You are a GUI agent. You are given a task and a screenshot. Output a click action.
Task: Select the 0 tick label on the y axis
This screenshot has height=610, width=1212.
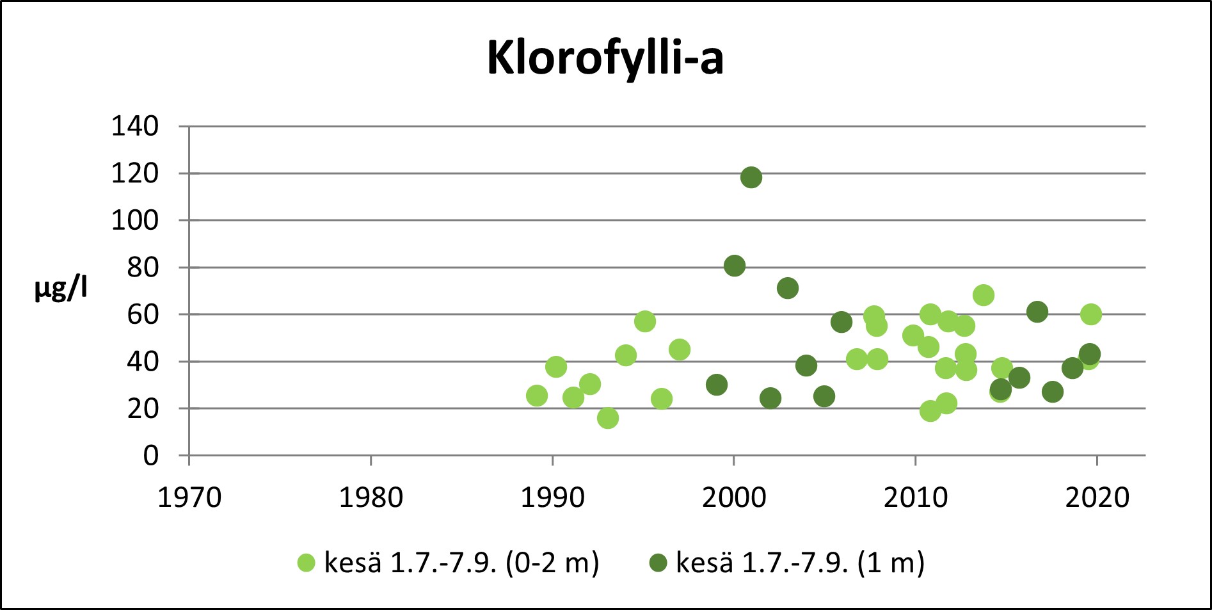pos(150,456)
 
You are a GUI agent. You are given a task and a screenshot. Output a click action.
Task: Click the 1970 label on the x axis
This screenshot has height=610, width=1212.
pos(189,497)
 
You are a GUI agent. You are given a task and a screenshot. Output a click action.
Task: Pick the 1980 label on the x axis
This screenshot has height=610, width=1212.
pos(371,497)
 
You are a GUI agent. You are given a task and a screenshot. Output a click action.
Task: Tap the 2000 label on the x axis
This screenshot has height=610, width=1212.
pos(734,497)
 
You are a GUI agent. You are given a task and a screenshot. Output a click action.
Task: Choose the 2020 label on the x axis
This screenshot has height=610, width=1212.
pos(1097,497)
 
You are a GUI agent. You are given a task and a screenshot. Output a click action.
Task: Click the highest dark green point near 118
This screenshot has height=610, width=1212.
pos(751,177)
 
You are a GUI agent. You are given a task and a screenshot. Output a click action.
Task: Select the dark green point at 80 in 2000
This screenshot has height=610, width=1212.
pos(735,266)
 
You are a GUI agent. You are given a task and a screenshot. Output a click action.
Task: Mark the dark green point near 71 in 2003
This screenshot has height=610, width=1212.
pos(788,288)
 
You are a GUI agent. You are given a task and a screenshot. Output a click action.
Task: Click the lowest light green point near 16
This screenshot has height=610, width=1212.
pos(608,418)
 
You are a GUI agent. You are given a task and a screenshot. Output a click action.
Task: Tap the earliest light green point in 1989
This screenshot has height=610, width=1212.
pos(537,396)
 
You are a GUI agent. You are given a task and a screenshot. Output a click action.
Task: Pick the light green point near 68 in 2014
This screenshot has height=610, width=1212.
pos(984,295)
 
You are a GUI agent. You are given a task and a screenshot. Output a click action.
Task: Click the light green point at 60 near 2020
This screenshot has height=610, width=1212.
pos(1091,314)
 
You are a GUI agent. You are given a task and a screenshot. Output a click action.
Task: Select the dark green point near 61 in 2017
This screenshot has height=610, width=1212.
pos(1037,312)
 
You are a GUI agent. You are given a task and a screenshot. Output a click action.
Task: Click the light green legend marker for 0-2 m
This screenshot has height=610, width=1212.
pos(307,563)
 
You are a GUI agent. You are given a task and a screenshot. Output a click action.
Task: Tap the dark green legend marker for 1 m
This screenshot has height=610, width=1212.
pos(658,563)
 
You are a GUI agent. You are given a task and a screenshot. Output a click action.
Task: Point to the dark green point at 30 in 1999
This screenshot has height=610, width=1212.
pos(717,385)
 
